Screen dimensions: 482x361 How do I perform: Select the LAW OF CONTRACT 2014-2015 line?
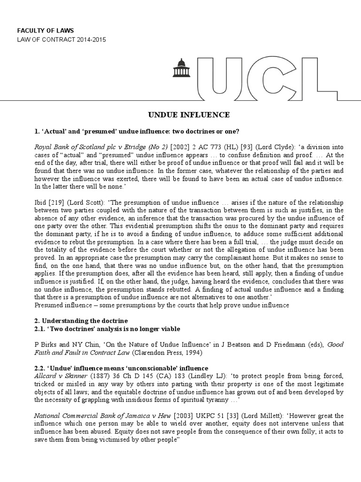click(x=62, y=40)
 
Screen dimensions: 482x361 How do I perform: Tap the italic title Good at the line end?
click(x=335, y=345)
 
